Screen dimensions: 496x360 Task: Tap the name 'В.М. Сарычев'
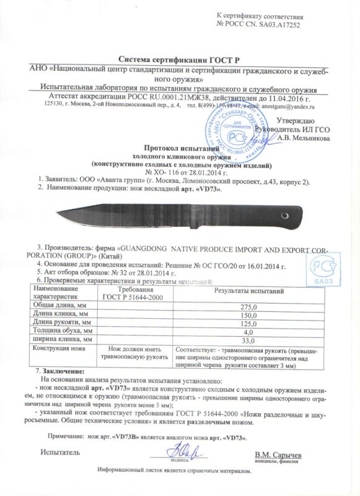coord(278,455)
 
